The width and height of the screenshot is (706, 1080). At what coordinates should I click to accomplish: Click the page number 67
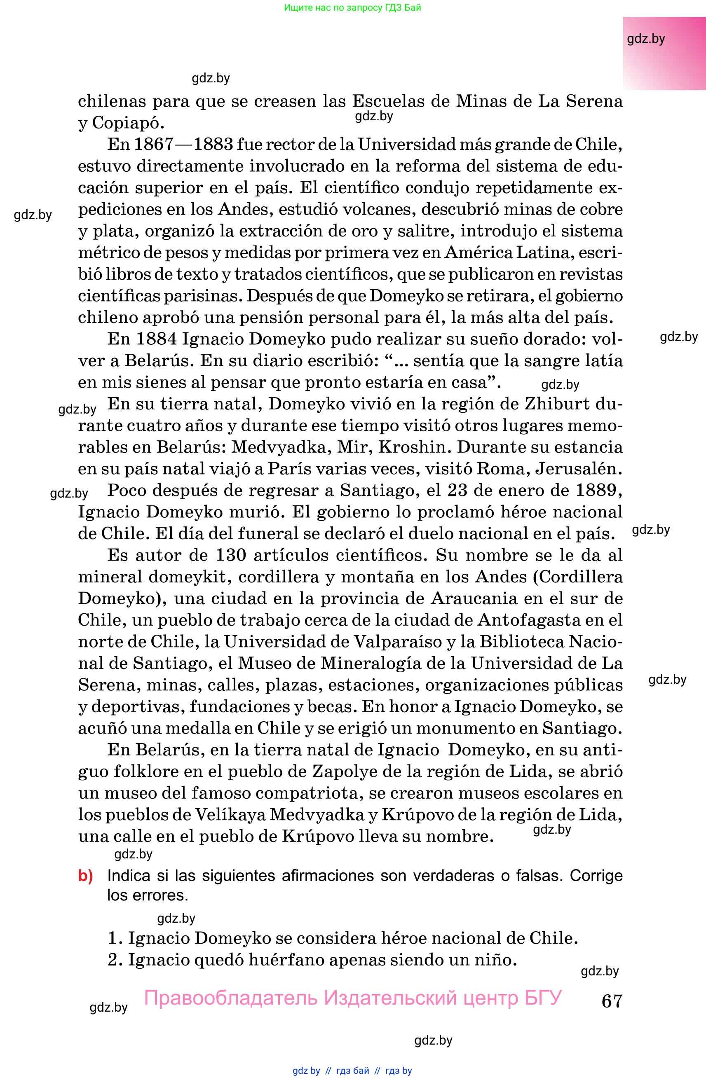click(611, 1001)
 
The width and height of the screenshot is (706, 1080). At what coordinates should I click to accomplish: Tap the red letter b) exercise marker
click(85, 875)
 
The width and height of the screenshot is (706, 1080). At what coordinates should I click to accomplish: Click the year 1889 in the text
click(596, 491)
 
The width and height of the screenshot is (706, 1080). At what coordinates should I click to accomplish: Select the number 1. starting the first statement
click(115, 938)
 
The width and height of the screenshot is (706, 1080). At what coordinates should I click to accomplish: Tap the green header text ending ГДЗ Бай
click(352, 8)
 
